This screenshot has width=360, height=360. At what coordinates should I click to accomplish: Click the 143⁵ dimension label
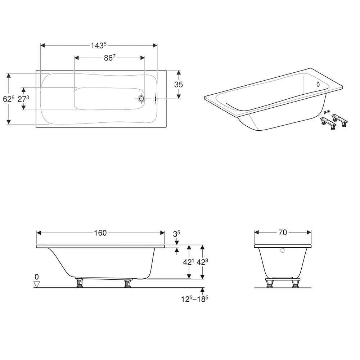click(x=99, y=45)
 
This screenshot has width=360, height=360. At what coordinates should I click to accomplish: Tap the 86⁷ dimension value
click(x=109, y=58)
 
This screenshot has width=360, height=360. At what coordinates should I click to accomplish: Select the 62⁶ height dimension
click(x=9, y=99)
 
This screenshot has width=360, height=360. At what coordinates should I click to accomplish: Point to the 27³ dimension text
click(x=23, y=99)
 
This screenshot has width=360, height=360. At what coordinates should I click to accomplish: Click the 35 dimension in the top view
click(x=179, y=85)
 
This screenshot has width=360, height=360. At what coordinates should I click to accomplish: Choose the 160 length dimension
click(x=100, y=233)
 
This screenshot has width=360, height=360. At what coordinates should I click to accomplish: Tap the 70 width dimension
click(x=283, y=233)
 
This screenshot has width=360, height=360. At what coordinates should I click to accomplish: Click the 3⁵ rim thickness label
click(x=176, y=234)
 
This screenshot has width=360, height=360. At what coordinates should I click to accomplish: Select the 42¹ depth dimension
click(x=189, y=262)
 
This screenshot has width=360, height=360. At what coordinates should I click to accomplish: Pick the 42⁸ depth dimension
click(x=202, y=262)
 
